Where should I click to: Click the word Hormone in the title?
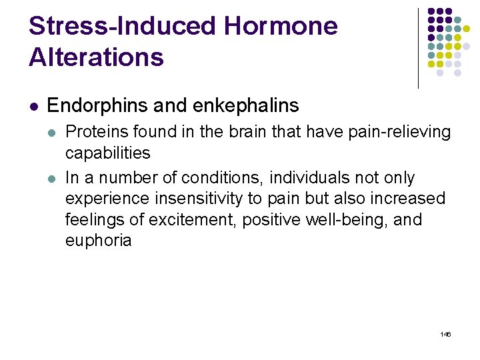(x=281, y=27)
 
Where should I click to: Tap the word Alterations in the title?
(x=96, y=57)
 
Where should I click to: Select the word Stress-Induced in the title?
(x=122, y=27)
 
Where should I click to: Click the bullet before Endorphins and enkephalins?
(x=33, y=106)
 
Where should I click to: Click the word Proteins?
(x=92, y=132)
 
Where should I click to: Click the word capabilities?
(x=107, y=153)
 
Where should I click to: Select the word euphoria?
(x=98, y=240)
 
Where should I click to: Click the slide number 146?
(x=445, y=333)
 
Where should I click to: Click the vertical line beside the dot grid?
(x=418, y=48)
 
